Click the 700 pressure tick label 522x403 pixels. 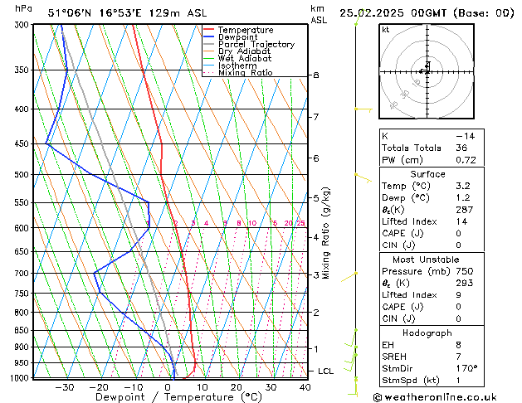point(22,273)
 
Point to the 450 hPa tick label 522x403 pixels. point(22,144)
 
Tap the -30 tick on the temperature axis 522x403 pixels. point(64,387)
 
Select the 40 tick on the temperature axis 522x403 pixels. point(305,387)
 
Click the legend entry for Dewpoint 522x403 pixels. point(238,37)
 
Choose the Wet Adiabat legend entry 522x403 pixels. point(245,59)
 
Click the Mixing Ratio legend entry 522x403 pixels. point(245,73)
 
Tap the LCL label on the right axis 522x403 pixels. point(325,371)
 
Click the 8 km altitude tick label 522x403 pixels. point(315,75)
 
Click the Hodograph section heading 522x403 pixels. point(427,333)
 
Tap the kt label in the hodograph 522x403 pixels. point(386,30)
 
